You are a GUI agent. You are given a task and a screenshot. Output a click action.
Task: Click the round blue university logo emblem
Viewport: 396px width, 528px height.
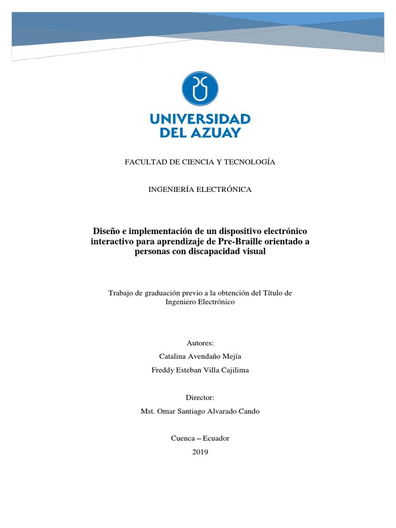pos(200,88)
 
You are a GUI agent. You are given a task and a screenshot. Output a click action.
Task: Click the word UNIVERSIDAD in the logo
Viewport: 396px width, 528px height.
pos(200,120)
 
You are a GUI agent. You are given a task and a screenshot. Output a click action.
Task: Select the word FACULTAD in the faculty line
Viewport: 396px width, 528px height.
pos(142,162)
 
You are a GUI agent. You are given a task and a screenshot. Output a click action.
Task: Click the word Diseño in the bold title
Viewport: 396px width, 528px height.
pos(106,230)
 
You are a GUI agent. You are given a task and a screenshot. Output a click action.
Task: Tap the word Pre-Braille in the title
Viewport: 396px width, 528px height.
pos(238,241)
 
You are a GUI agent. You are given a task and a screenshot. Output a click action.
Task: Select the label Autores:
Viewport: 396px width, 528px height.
pos(200,342)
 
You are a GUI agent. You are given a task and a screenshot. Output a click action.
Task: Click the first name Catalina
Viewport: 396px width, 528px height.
pos(174,356)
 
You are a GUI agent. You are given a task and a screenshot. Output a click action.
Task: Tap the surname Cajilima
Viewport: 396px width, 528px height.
pos(233,370)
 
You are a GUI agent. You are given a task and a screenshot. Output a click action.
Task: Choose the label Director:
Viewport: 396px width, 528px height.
pos(200,398)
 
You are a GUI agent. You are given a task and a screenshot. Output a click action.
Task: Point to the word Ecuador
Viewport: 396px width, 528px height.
pos(216,438)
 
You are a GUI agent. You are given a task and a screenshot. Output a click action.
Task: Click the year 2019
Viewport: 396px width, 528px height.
pos(200,452)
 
